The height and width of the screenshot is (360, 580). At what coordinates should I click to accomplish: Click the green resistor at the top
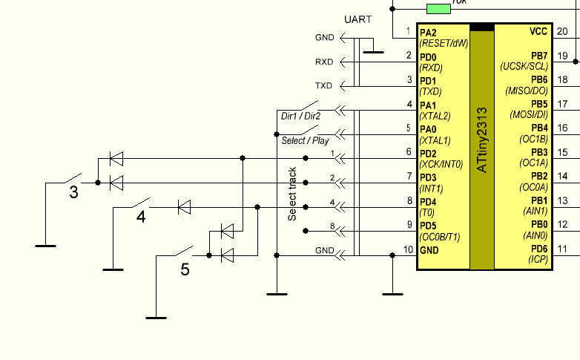click(x=438, y=8)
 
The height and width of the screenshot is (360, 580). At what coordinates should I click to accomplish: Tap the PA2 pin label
click(x=428, y=33)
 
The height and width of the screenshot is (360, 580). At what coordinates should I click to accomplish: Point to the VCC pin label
click(x=538, y=32)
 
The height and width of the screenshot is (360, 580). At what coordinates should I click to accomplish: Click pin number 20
click(x=562, y=31)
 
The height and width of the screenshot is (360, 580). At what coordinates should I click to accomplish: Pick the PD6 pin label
click(x=538, y=249)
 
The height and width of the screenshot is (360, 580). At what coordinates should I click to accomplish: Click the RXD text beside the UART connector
click(x=324, y=62)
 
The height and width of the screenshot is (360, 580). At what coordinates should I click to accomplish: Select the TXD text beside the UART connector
click(x=324, y=85)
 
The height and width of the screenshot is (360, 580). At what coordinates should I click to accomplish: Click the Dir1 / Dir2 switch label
click(x=300, y=116)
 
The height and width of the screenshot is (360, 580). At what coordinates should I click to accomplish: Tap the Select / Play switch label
click(x=304, y=140)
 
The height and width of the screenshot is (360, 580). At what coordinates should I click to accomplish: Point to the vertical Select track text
click(x=292, y=194)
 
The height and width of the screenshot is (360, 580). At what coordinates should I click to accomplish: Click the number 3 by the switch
click(x=73, y=193)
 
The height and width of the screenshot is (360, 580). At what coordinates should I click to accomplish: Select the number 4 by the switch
click(x=141, y=217)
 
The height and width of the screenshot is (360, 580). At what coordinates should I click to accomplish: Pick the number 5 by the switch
click(x=185, y=269)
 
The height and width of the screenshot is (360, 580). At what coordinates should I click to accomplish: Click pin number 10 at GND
click(x=408, y=249)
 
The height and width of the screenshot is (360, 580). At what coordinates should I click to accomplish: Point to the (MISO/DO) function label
click(x=526, y=91)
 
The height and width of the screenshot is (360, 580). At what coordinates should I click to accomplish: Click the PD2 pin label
click(x=428, y=153)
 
